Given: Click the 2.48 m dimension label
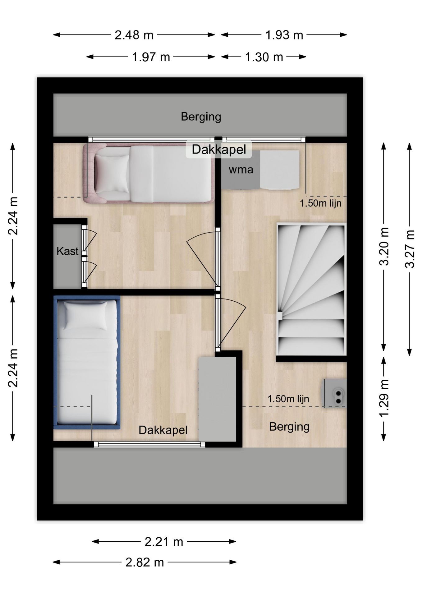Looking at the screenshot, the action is point(134,35).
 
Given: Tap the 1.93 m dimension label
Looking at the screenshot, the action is point(284,35).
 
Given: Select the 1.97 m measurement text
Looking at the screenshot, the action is point(151,57).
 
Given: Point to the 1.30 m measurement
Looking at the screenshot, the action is point(264,57).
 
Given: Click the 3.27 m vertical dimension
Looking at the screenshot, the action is point(410,249).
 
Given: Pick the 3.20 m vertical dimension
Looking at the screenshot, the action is point(384,246).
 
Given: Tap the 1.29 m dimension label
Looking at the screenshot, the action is point(384,398).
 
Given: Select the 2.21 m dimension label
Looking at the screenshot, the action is point(164,542).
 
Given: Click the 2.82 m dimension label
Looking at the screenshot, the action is point(144,562).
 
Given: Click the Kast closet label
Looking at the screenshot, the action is point(67,251).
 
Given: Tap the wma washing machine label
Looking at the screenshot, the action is point(241,170).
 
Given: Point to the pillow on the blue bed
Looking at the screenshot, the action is point(85,316).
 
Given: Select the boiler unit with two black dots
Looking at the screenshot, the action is point(335,393).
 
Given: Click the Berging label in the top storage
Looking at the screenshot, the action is point(201,117).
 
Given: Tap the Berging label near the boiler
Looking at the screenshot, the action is point(289,427).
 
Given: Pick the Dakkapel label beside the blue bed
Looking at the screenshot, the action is point(163,430).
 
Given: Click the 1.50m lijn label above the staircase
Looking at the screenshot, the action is point(321,203).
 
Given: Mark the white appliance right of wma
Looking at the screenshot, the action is point(280,170).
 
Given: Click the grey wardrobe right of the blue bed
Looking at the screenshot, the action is point(217,399).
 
